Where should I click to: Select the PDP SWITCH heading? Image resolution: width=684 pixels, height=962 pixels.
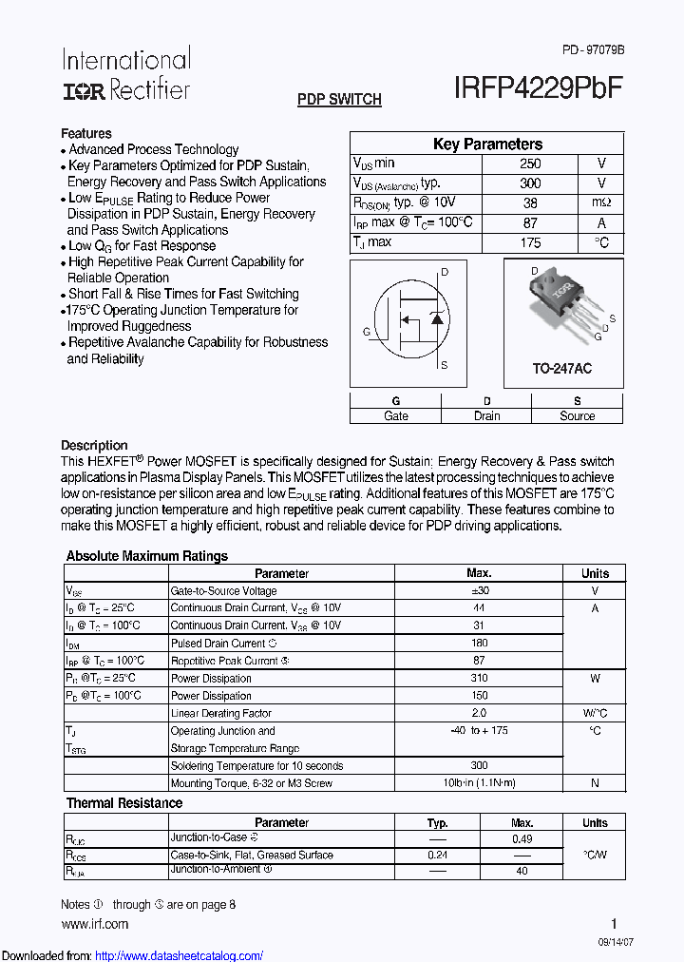[339, 99]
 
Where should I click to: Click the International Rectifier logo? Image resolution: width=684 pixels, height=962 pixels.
[126, 74]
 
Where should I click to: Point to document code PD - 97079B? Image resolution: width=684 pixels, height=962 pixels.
[593, 49]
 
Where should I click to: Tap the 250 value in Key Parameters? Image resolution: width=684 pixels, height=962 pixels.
[530, 164]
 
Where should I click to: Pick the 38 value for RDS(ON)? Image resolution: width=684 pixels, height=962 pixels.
[530, 202]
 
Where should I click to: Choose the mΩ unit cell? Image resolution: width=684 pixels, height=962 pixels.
[601, 202]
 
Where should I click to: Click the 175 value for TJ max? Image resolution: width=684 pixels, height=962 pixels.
[530, 242]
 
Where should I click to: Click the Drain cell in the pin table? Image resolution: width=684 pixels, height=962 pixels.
[486, 416]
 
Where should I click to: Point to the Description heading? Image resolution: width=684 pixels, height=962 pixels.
[94, 445]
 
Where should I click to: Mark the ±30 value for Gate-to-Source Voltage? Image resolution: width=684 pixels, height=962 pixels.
[479, 591]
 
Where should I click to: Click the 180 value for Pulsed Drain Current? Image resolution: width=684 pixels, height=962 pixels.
[479, 644]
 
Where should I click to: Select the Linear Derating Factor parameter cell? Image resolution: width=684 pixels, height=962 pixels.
[221, 713]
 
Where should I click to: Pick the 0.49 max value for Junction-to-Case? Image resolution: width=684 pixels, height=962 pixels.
[522, 839]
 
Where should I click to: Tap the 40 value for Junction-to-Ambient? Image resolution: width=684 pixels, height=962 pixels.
[522, 871]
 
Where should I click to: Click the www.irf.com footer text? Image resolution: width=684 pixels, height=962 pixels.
[94, 924]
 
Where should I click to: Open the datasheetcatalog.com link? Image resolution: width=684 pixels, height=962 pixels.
[180, 955]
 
